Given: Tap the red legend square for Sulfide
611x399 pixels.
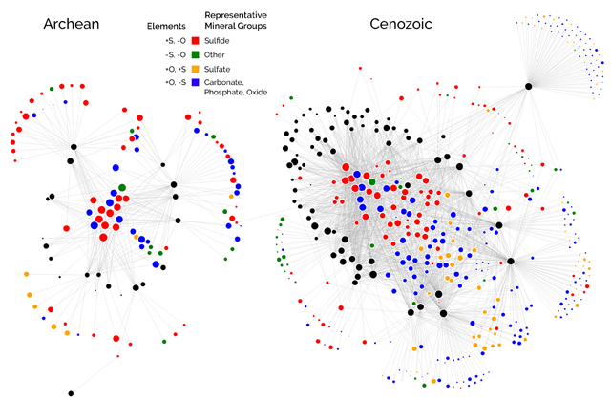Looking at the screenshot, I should (196, 41).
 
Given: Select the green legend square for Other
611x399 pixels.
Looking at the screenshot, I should (196, 55).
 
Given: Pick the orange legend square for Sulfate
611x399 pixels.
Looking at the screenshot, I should (196, 70).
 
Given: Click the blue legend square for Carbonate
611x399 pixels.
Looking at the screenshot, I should (196, 84).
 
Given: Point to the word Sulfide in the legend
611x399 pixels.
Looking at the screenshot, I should (219, 41).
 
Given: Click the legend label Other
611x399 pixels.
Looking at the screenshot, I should (217, 55).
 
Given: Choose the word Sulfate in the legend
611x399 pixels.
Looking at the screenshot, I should (220, 70).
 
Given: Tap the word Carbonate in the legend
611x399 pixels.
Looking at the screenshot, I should (226, 84).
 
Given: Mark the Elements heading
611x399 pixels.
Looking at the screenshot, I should (166, 25).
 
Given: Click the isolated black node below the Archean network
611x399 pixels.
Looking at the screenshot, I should (71, 391).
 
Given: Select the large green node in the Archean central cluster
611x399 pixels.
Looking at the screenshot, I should (122, 188).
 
